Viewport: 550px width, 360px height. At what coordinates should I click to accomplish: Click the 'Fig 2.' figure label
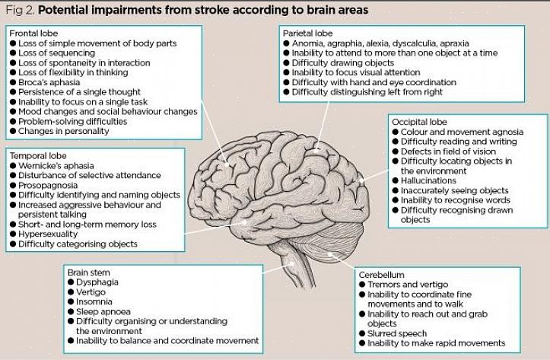point(19,11)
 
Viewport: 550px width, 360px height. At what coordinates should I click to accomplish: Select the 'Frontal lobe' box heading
point(35,33)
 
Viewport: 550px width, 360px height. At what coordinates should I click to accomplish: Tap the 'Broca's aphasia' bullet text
point(51,82)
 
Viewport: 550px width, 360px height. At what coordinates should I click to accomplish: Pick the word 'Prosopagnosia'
point(51,185)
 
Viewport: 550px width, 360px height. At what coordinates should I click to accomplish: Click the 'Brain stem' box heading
point(88,272)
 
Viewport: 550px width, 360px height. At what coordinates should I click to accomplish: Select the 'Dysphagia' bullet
point(98,282)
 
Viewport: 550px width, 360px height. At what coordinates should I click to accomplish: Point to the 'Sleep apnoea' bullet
point(103,311)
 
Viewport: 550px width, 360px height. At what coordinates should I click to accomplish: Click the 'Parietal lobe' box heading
point(308,34)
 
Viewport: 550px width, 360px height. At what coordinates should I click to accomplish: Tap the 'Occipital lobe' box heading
point(419,122)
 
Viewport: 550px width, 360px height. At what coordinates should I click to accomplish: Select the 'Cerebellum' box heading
point(383,275)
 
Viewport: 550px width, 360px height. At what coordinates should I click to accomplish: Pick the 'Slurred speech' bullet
point(398,333)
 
